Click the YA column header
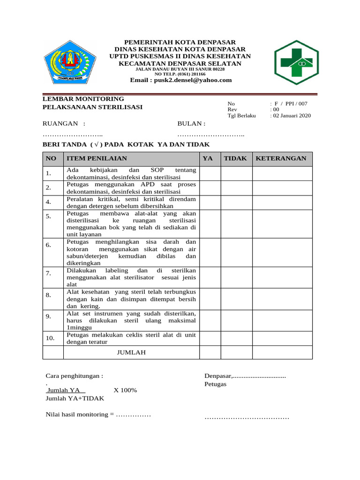point(207,158)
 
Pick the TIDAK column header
point(235,158)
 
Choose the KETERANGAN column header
point(281,158)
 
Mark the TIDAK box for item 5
point(237,224)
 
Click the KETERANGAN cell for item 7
point(282,277)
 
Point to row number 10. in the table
point(51,338)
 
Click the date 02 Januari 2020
point(292,116)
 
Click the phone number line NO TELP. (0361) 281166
point(180,74)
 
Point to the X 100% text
point(125,390)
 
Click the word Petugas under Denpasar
point(215,384)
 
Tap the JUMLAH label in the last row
point(131,352)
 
